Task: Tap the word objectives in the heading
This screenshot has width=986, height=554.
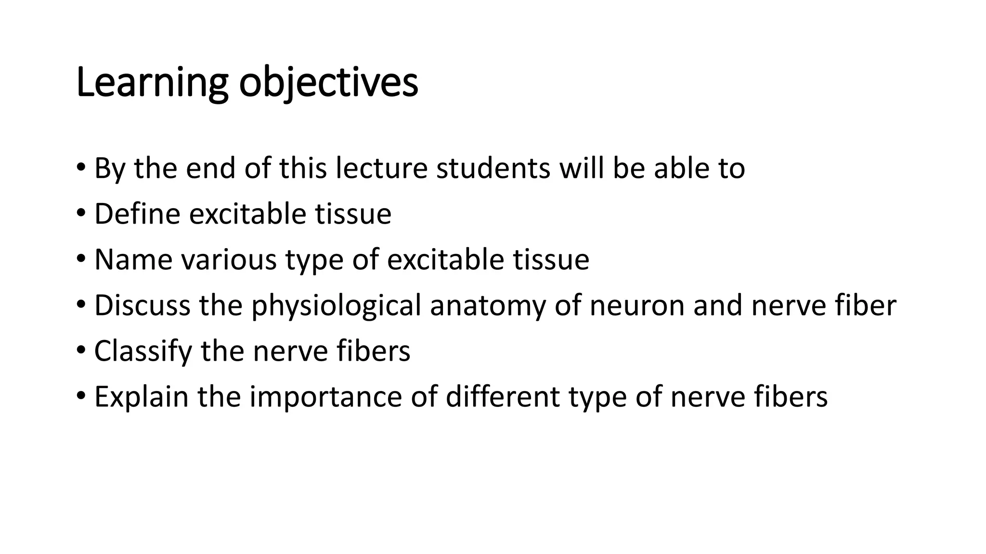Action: click(328, 83)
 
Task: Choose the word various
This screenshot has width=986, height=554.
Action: click(229, 260)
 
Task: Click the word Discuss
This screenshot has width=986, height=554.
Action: click(143, 305)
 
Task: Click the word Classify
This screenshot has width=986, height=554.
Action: click(143, 351)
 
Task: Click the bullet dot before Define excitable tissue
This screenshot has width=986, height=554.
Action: click(80, 213)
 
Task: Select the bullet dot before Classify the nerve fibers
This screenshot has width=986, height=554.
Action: click(80, 350)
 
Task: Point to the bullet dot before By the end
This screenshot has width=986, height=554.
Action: click(80, 167)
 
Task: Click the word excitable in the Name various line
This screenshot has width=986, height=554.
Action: click(445, 260)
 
